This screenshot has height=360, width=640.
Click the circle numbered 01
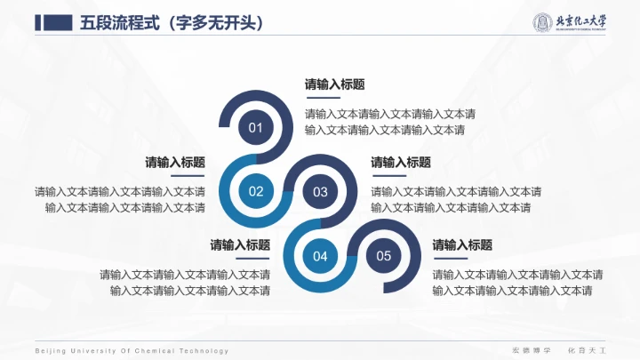tap(256, 128)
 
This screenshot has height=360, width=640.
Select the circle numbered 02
tap(256, 191)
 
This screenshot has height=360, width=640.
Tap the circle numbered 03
tap(320, 191)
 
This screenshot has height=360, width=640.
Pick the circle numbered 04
tap(320, 256)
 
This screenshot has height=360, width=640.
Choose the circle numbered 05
tap(384, 256)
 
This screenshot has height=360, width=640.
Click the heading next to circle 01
tap(334, 85)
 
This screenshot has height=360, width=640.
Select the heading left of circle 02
tap(175, 163)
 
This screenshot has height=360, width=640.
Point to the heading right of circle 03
tap(401, 163)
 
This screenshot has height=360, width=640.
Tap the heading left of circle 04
tap(240, 244)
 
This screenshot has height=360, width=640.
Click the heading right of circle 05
tap(462, 244)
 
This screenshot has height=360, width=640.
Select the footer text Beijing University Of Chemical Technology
tap(132, 351)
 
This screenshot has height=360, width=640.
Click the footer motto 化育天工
tap(585, 351)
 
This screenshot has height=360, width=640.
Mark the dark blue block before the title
tap(53, 23)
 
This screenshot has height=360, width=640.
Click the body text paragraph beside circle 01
tap(389, 122)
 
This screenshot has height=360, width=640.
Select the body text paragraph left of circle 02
tap(120, 199)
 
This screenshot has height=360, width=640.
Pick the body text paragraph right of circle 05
tap(517, 282)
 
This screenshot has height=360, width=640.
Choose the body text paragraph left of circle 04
tap(185, 282)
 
